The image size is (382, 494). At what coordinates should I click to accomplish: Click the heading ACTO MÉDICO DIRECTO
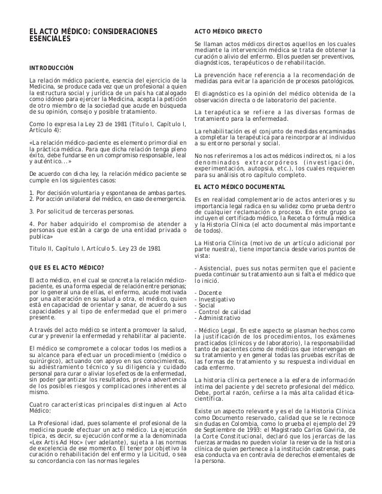point(226,31)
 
